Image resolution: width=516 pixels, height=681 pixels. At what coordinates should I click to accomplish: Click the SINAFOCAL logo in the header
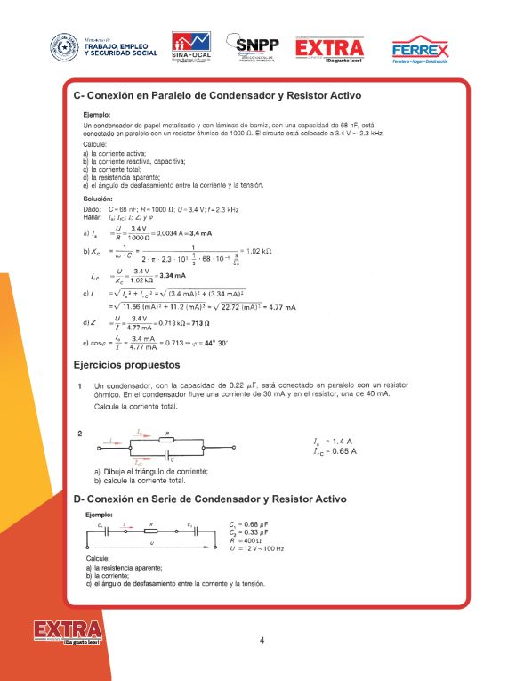point(191,47)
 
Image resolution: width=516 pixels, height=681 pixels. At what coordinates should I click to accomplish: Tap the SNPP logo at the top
point(254,47)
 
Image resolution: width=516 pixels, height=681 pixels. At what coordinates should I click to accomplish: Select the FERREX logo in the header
point(420,50)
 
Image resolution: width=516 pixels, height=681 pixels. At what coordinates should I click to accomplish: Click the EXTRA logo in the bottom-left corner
point(68,633)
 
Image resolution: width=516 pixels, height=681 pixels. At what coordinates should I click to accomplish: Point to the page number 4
point(262,640)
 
